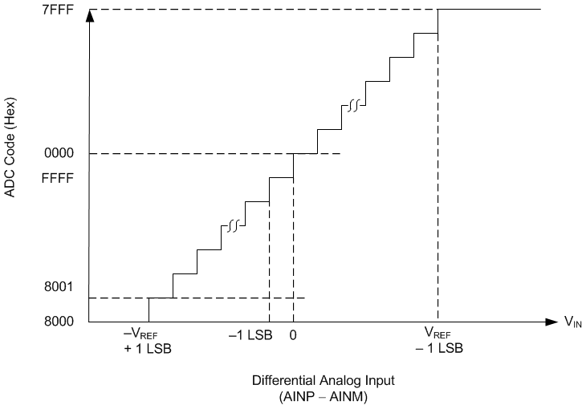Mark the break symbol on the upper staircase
pos(352,105)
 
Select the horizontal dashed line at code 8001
pos(225,298)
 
